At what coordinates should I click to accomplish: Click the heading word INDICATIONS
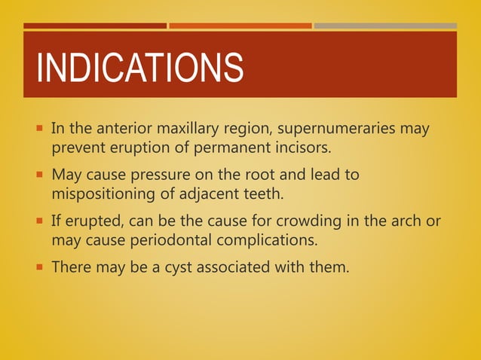point(140,68)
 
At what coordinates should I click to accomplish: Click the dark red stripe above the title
point(95,26)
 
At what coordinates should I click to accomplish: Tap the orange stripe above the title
point(240,26)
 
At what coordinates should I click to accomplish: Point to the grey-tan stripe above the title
point(385,26)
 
